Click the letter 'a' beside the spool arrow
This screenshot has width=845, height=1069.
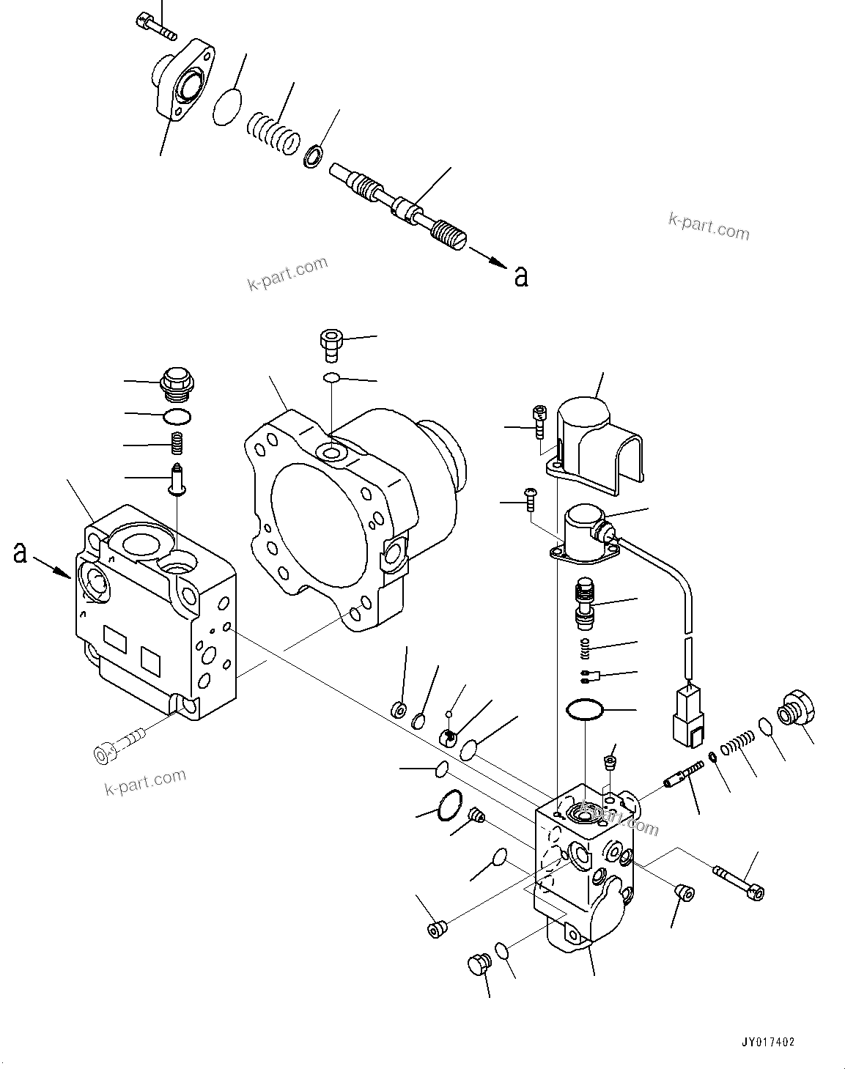(520, 275)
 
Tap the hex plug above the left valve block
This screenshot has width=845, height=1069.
(176, 385)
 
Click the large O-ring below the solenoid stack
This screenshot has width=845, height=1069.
(584, 710)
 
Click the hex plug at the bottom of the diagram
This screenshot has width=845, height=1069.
(476, 963)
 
